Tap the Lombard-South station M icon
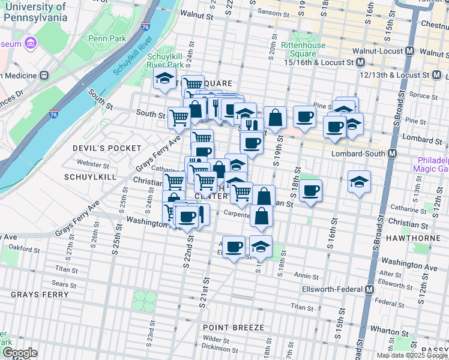coord(392,154)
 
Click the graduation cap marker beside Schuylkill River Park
coord(164,79)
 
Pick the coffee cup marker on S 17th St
coord(310,191)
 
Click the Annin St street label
coord(306,277)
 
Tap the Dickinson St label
coord(215,346)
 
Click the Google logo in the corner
coord(20,353)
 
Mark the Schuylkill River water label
coord(137,55)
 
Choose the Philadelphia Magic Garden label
coord(434,165)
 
